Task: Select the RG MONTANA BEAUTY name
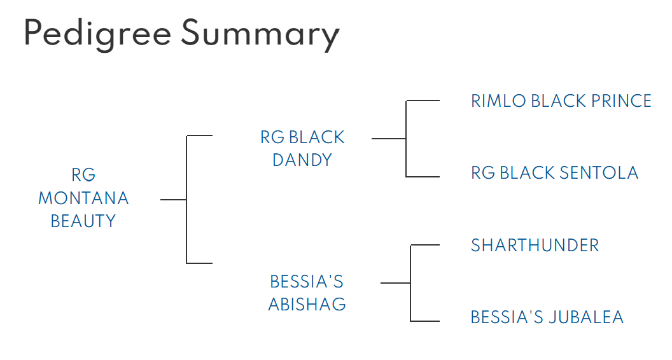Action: click(x=83, y=198)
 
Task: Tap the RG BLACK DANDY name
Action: click(x=302, y=148)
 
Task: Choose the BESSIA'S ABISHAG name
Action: click(x=307, y=293)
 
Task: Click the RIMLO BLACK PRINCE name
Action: click(x=561, y=101)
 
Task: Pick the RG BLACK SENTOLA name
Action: click(x=554, y=173)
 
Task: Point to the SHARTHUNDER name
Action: click(x=535, y=246)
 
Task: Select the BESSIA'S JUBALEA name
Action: click(x=547, y=317)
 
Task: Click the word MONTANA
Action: click(x=83, y=198)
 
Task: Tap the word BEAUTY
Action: click(x=83, y=221)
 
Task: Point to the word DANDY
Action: click(x=302, y=160)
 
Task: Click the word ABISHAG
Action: click(x=307, y=304)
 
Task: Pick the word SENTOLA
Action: click(x=599, y=173)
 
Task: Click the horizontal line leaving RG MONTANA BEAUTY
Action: click(x=173, y=200)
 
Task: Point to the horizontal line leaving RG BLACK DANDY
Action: click(x=389, y=138)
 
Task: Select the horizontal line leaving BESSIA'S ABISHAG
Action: click(x=395, y=282)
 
